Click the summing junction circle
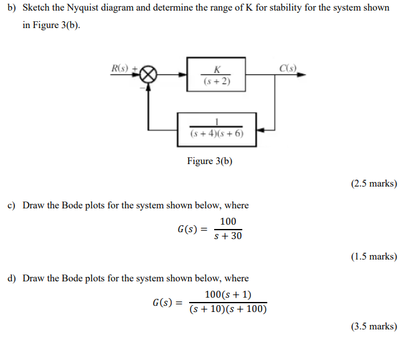(148, 75)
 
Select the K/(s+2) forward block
(216, 75)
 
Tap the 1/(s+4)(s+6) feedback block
(217, 129)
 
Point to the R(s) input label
(119, 67)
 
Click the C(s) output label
(288, 67)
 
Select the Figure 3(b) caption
(210, 161)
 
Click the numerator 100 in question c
(228, 222)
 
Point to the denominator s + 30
(228, 236)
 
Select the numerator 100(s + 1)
(228, 294)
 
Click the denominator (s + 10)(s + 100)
(228, 309)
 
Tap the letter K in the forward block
(216, 69)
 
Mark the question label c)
(12, 205)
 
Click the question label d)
(12, 278)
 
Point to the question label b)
(12, 7)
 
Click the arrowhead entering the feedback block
(261, 130)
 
